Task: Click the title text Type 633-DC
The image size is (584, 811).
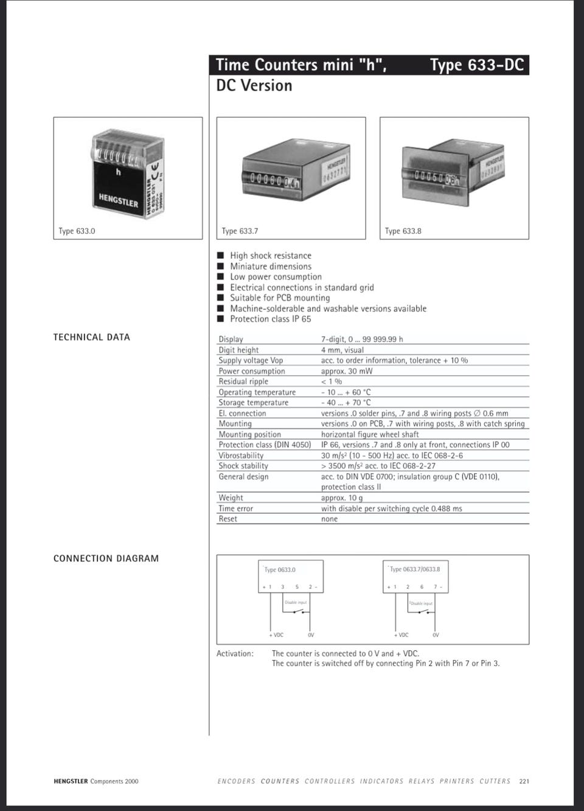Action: [x=476, y=65]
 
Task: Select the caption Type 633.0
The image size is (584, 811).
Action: [x=77, y=231]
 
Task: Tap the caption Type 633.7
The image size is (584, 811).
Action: [x=240, y=231]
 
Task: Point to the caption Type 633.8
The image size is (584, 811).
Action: [x=403, y=231]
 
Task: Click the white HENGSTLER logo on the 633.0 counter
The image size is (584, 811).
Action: [x=119, y=199]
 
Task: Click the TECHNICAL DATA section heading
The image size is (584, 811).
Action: [x=92, y=337]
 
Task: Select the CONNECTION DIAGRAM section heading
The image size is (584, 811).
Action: [x=106, y=558]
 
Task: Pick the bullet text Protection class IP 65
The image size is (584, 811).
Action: [x=270, y=319]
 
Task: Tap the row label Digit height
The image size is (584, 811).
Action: [x=238, y=350]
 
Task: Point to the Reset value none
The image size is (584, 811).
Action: [x=329, y=519]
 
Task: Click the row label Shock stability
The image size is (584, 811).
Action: [x=243, y=466]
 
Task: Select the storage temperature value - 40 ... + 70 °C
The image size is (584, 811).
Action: [x=346, y=402]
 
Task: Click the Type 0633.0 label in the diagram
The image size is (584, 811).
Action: [x=280, y=570]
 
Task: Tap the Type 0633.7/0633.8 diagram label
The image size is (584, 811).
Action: [x=415, y=569]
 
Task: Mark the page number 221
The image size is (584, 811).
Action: [x=524, y=781]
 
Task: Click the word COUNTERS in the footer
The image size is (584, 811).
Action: [x=280, y=781]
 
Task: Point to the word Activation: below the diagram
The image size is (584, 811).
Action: [x=235, y=654]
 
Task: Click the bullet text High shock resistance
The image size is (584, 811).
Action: [x=270, y=256]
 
